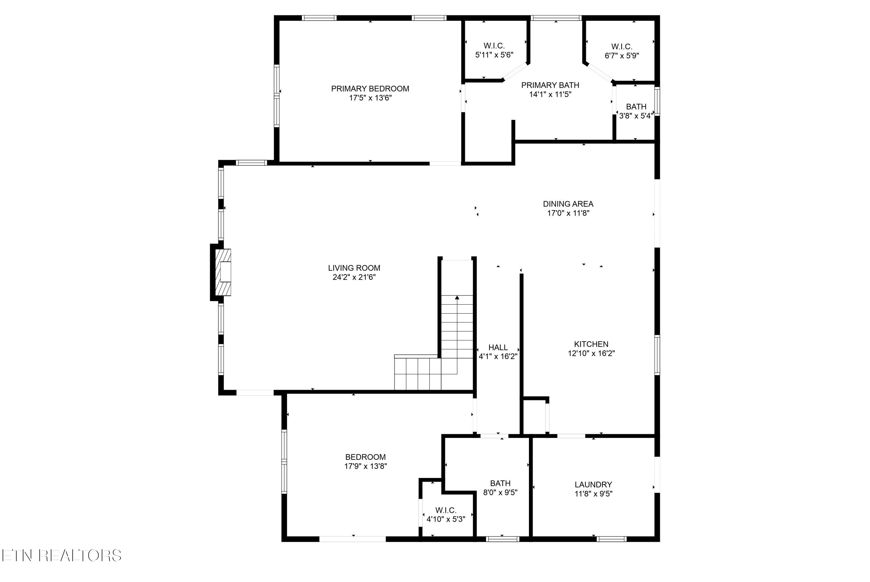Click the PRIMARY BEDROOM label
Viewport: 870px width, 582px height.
click(370, 89)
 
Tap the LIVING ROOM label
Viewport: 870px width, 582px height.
click(354, 268)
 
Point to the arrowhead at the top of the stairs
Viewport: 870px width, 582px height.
click(457, 297)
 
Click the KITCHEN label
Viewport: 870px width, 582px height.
click(591, 344)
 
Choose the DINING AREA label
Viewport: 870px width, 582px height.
click(568, 204)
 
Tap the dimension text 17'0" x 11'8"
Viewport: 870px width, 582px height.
click(568, 213)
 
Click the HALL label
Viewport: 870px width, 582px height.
click(498, 347)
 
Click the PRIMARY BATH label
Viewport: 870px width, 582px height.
click(550, 85)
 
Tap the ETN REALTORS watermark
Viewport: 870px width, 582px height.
click(62, 555)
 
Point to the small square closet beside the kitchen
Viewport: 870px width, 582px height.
click(535, 416)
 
